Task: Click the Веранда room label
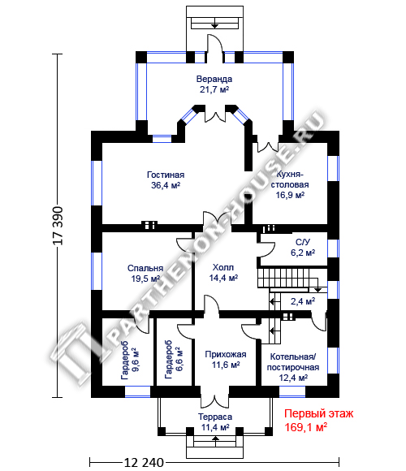coord(214,79)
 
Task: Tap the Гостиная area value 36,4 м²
coord(166,185)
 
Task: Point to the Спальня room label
coord(145,268)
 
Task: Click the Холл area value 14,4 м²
coord(223,278)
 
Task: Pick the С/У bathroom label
coord(303,242)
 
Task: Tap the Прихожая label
coord(226,354)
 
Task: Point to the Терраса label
coord(215,417)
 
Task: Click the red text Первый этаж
coord(318,414)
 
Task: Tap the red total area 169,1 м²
coord(305,427)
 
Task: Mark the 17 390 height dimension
coord(58,226)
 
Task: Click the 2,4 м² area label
coord(303,301)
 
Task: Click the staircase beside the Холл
coord(287,278)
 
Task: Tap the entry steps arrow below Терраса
coord(215,439)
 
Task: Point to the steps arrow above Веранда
coord(214,24)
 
